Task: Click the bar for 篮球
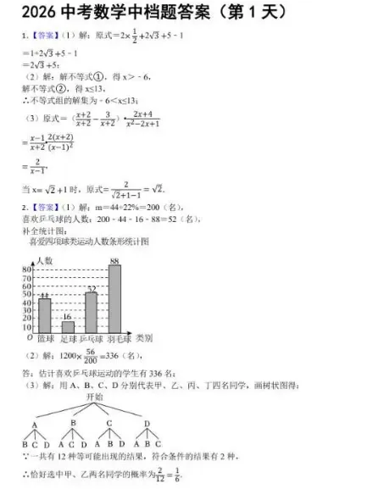click(x=44, y=314)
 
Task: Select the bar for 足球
click(x=68, y=326)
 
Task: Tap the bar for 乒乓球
click(x=91, y=312)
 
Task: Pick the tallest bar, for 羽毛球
click(x=114, y=297)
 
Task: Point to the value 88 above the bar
click(x=114, y=260)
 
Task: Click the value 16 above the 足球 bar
click(x=68, y=316)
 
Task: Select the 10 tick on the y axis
click(x=25, y=327)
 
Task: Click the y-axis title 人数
click(x=44, y=259)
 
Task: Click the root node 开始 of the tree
click(x=93, y=396)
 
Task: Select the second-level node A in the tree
click(x=35, y=425)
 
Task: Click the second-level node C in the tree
click(x=109, y=423)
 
